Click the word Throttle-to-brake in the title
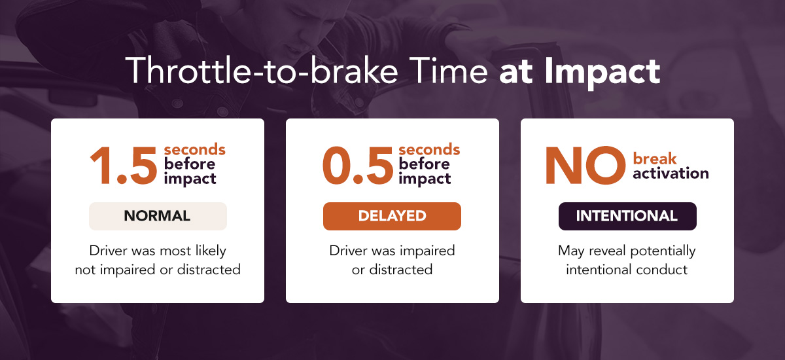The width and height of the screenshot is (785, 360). [262, 71]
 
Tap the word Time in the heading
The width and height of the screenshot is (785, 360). [448, 71]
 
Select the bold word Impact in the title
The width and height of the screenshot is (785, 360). [602, 72]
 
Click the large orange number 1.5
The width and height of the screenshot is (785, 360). [124, 166]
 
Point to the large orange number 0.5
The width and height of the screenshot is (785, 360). [358, 166]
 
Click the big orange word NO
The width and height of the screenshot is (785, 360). [585, 166]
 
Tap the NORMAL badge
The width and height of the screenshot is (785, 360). [158, 216]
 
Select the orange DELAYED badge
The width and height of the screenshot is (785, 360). [392, 216]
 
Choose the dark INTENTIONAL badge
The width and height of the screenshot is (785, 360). [627, 216]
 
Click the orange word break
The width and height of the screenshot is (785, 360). [655, 159]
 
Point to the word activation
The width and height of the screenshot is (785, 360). [671, 173]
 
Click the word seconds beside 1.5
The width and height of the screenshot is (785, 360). [194, 150]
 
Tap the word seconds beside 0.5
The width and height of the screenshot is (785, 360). [429, 150]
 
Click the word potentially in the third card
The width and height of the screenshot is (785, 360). [663, 251]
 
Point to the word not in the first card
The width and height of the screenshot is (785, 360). [85, 270]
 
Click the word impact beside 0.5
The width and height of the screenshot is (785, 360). [425, 179]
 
